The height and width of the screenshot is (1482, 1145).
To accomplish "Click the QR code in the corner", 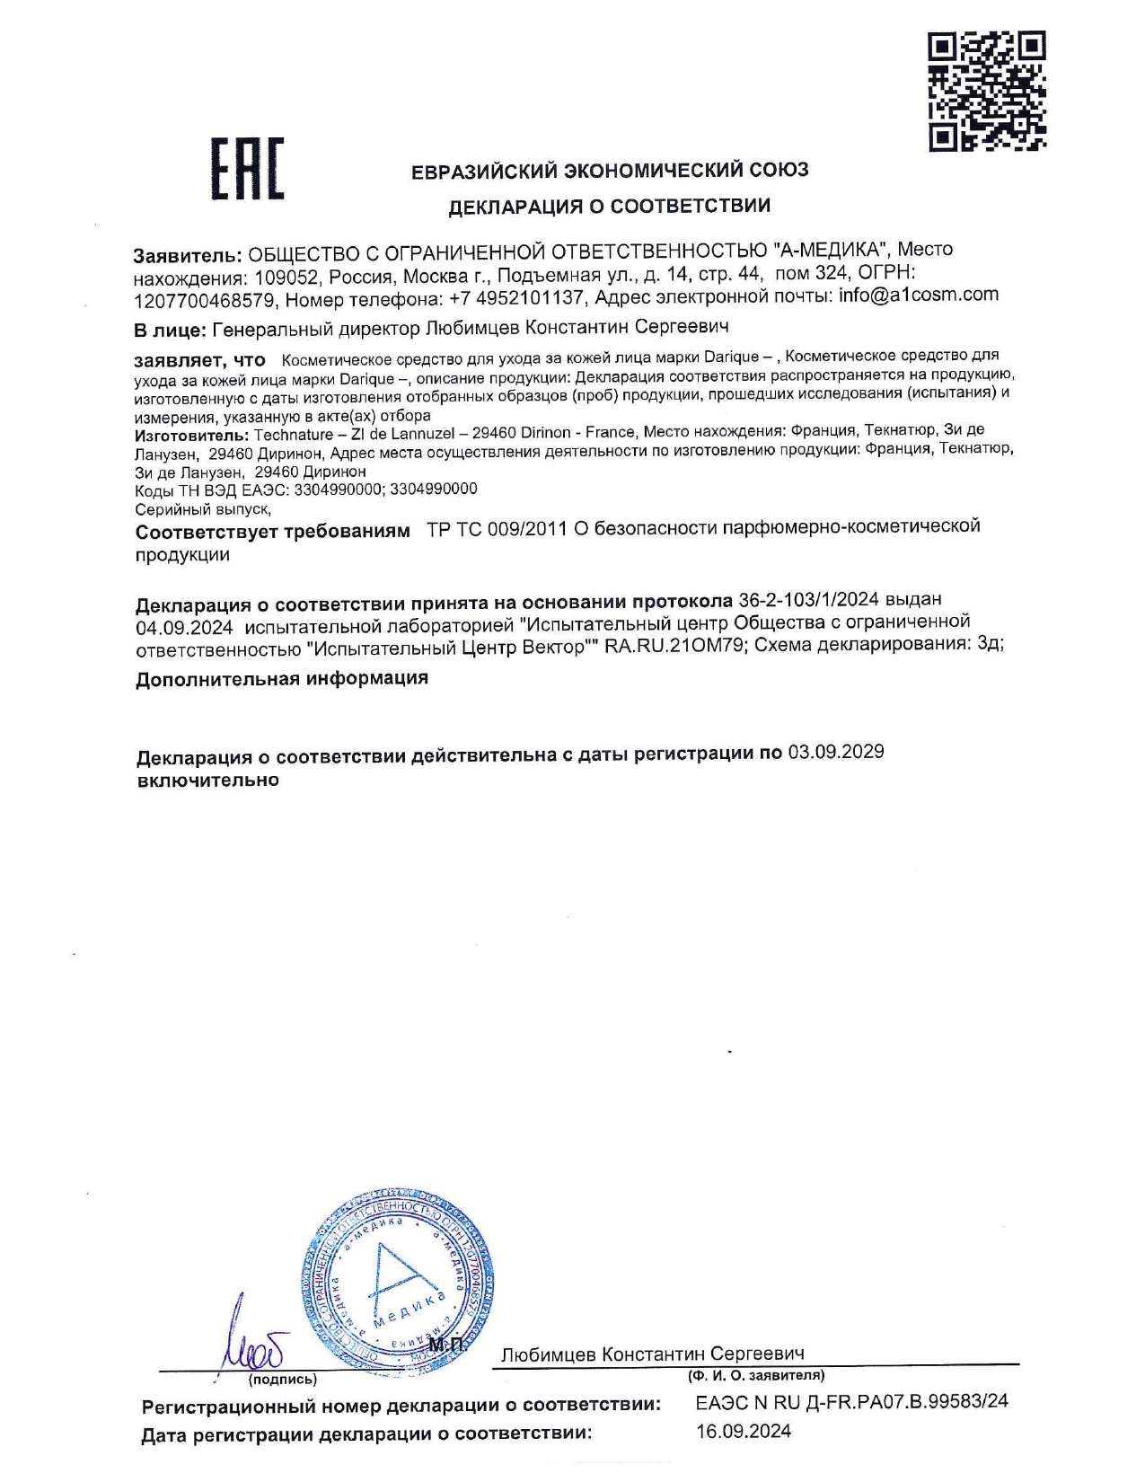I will pyautogui.click(x=987, y=90).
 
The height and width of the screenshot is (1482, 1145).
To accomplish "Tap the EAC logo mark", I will pyautogui.click(x=247, y=169).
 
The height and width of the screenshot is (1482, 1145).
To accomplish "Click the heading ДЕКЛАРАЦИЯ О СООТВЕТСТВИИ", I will pyautogui.click(x=609, y=207).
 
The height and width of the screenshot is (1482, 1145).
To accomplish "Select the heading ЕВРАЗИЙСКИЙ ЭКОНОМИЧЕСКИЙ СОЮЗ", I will pyautogui.click(x=610, y=171).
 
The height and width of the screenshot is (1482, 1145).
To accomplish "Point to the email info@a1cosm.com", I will pyautogui.click(x=918, y=295).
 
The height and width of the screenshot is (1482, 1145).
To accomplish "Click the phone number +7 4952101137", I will pyautogui.click(x=516, y=297).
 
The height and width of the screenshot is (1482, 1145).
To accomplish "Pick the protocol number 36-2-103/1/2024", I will pyautogui.click(x=808, y=599).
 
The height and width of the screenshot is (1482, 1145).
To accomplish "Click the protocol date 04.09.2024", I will pyautogui.click(x=184, y=626).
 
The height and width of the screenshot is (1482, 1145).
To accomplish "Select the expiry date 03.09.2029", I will pyautogui.click(x=835, y=752).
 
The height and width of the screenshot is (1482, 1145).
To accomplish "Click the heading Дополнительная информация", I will pyautogui.click(x=282, y=678).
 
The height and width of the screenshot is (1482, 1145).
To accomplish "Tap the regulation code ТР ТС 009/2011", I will pyautogui.click(x=497, y=529).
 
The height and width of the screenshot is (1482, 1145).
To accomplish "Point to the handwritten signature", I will pyautogui.click(x=251, y=1343).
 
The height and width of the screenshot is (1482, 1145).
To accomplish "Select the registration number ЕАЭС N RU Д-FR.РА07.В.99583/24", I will pyautogui.click(x=851, y=1402).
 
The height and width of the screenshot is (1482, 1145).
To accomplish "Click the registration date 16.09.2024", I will pyautogui.click(x=744, y=1432).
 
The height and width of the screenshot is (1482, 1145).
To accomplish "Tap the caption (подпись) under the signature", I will pyautogui.click(x=282, y=1380).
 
